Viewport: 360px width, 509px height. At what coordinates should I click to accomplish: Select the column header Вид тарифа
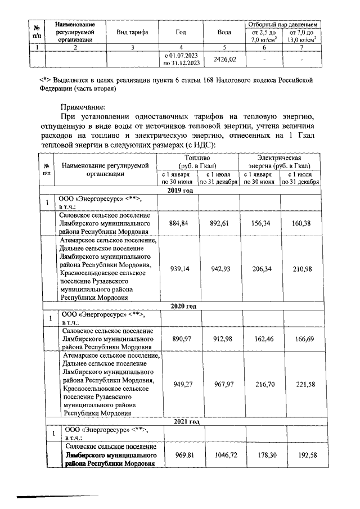(132, 33)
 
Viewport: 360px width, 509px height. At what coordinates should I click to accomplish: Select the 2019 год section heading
(181, 191)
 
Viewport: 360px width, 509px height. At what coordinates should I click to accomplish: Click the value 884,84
(178, 222)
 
